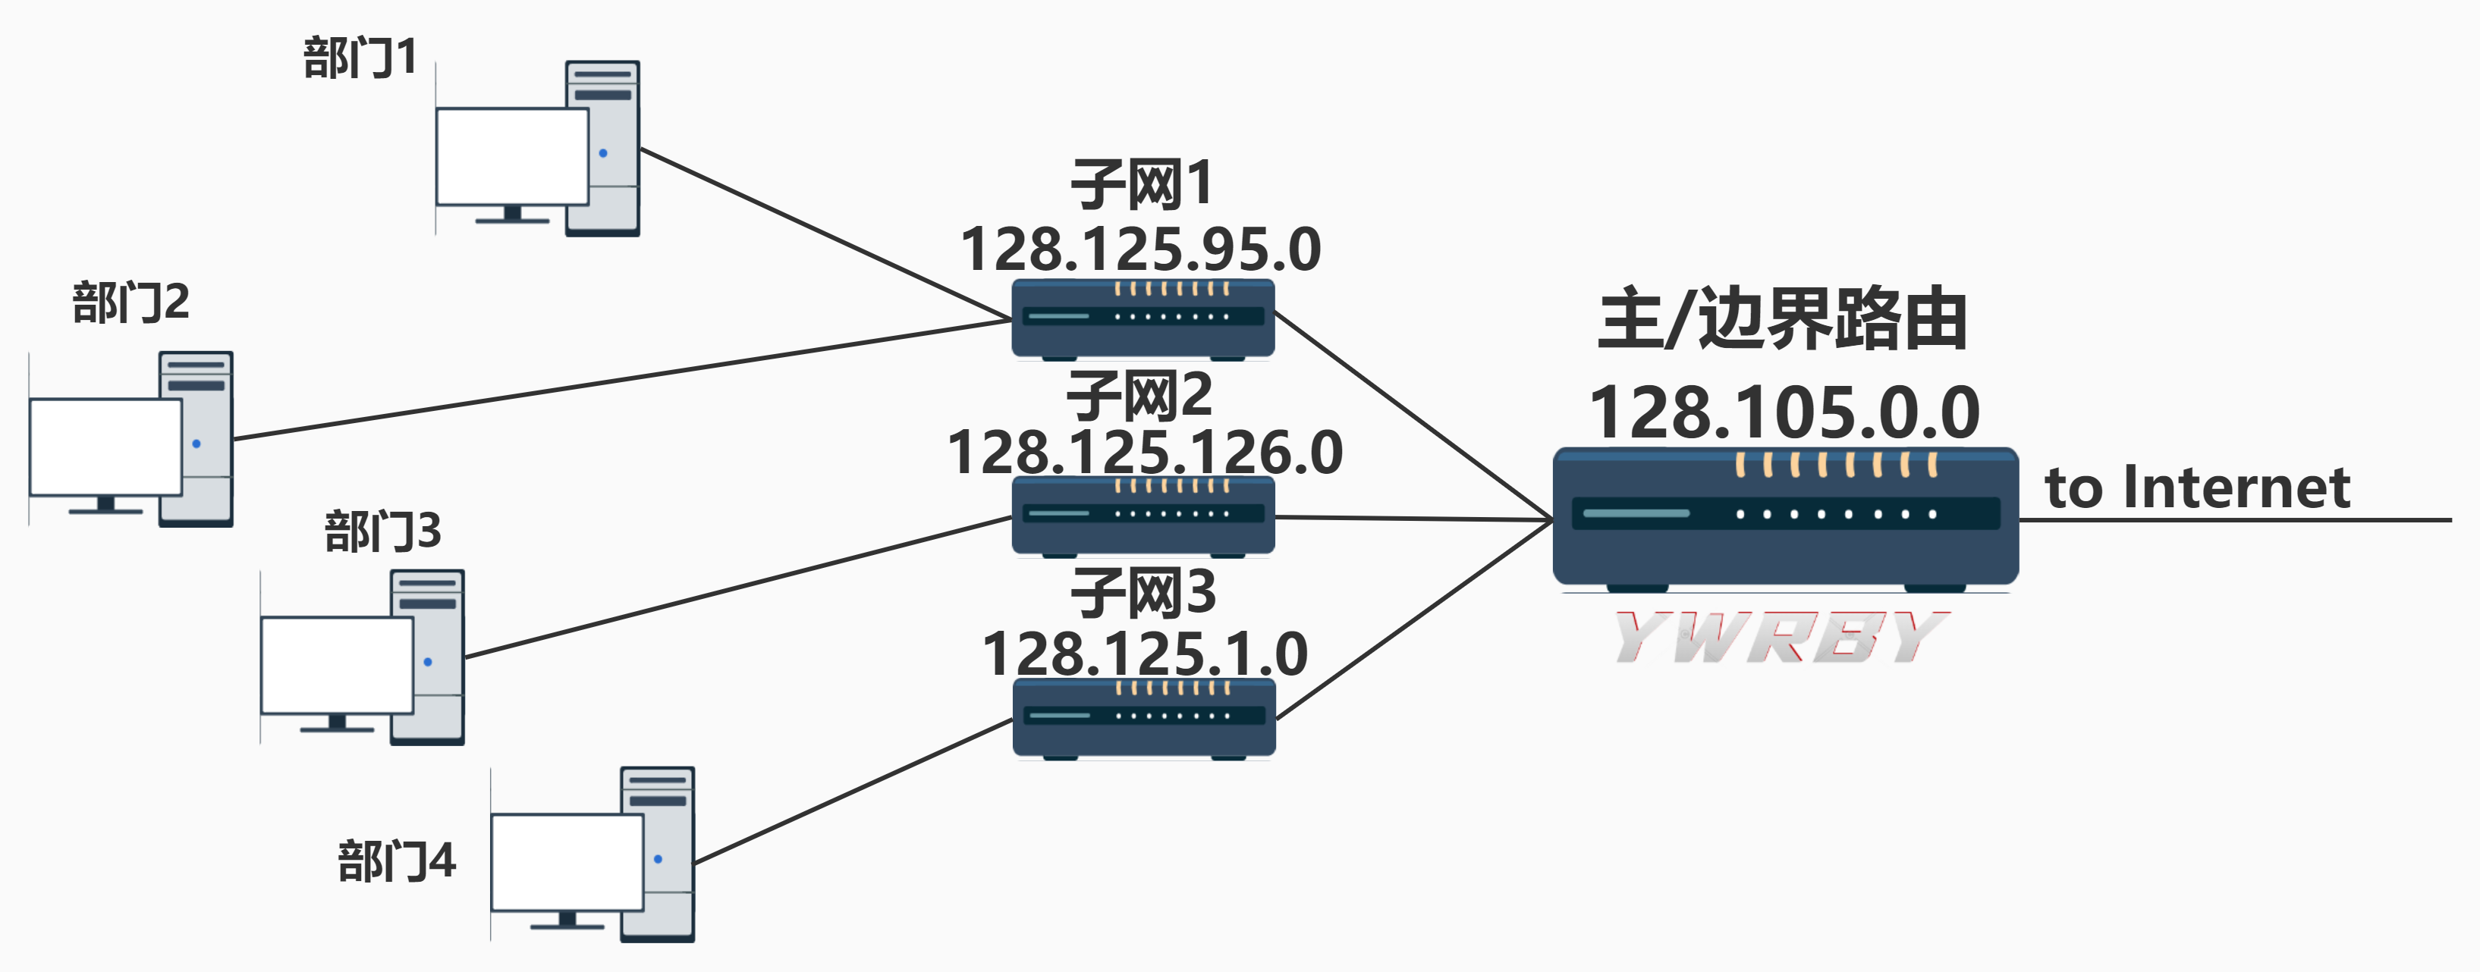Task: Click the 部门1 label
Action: [359, 58]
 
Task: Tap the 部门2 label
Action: [131, 303]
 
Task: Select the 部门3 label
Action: [382, 531]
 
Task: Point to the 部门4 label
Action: [396, 861]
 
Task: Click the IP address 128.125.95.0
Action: [1141, 249]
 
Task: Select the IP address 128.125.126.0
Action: [1145, 453]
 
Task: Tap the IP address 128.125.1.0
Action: [1145, 654]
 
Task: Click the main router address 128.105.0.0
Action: [1784, 412]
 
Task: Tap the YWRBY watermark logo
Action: [1781, 637]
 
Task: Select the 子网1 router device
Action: [1143, 318]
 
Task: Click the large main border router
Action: [1785, 517]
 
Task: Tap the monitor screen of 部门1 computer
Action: [512, 156]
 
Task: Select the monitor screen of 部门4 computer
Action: [567, 861]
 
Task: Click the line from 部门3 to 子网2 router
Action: [737, 588]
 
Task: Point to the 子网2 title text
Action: [1140, 396]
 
